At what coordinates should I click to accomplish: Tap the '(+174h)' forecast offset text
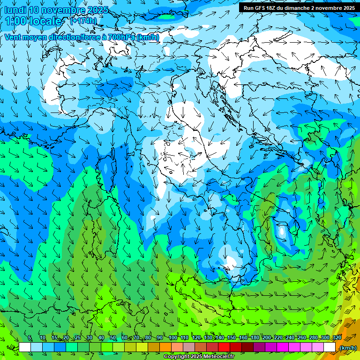pyautogui.click(x=83, y=21)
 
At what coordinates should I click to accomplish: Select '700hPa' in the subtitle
pyautogui.click(x=122, y=37)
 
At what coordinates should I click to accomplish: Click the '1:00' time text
pyautogui.click(x=16, y=21)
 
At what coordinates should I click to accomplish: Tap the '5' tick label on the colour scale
pyautogui.click(x=30, y=338)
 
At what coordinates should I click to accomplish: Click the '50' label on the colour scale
pyautogui.click(x=113, y=338)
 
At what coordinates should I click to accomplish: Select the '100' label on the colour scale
pyautogui.click(x=172, y=338)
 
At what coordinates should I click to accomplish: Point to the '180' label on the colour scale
pyautogui.click(x=255, y=338)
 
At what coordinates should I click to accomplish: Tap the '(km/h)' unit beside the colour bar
pyautogui.click(x=348, y=347)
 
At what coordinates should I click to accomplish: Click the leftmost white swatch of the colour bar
pyautogui.click(x=24, y=347)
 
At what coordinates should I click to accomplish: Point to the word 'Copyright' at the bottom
pyautogui.click(x=177, y=356)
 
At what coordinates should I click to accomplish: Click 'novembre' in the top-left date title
pyautogui.click(x=62, y=10)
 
